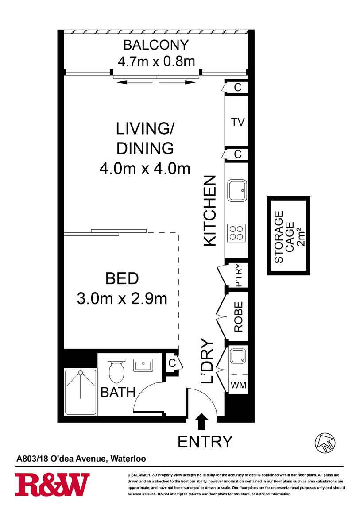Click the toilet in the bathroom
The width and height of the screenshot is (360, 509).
tap(116, 370)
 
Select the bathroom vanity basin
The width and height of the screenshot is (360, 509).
tap(143, 366)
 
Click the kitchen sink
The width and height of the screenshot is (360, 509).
tap(237, 191)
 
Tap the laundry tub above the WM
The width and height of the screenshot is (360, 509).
tap(238, 356)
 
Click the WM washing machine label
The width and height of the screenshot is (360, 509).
tap(238, 386)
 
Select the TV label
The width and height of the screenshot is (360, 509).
tap(238, 122)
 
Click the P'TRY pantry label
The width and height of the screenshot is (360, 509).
tap(239, 275)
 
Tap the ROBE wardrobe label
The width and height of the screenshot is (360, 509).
tap(239, 317)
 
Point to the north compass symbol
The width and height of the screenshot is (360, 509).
tap(325, 443)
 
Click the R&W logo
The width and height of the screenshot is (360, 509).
tap(52, 485)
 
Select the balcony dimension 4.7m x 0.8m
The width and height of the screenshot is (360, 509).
tap(156, 61)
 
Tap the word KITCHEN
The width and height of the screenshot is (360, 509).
tap(210, 211)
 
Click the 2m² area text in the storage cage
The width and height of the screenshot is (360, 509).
tap(301, 237)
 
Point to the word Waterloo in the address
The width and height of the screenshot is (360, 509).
tap(128, 459)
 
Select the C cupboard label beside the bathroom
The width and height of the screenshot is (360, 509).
tap(172, 363)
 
